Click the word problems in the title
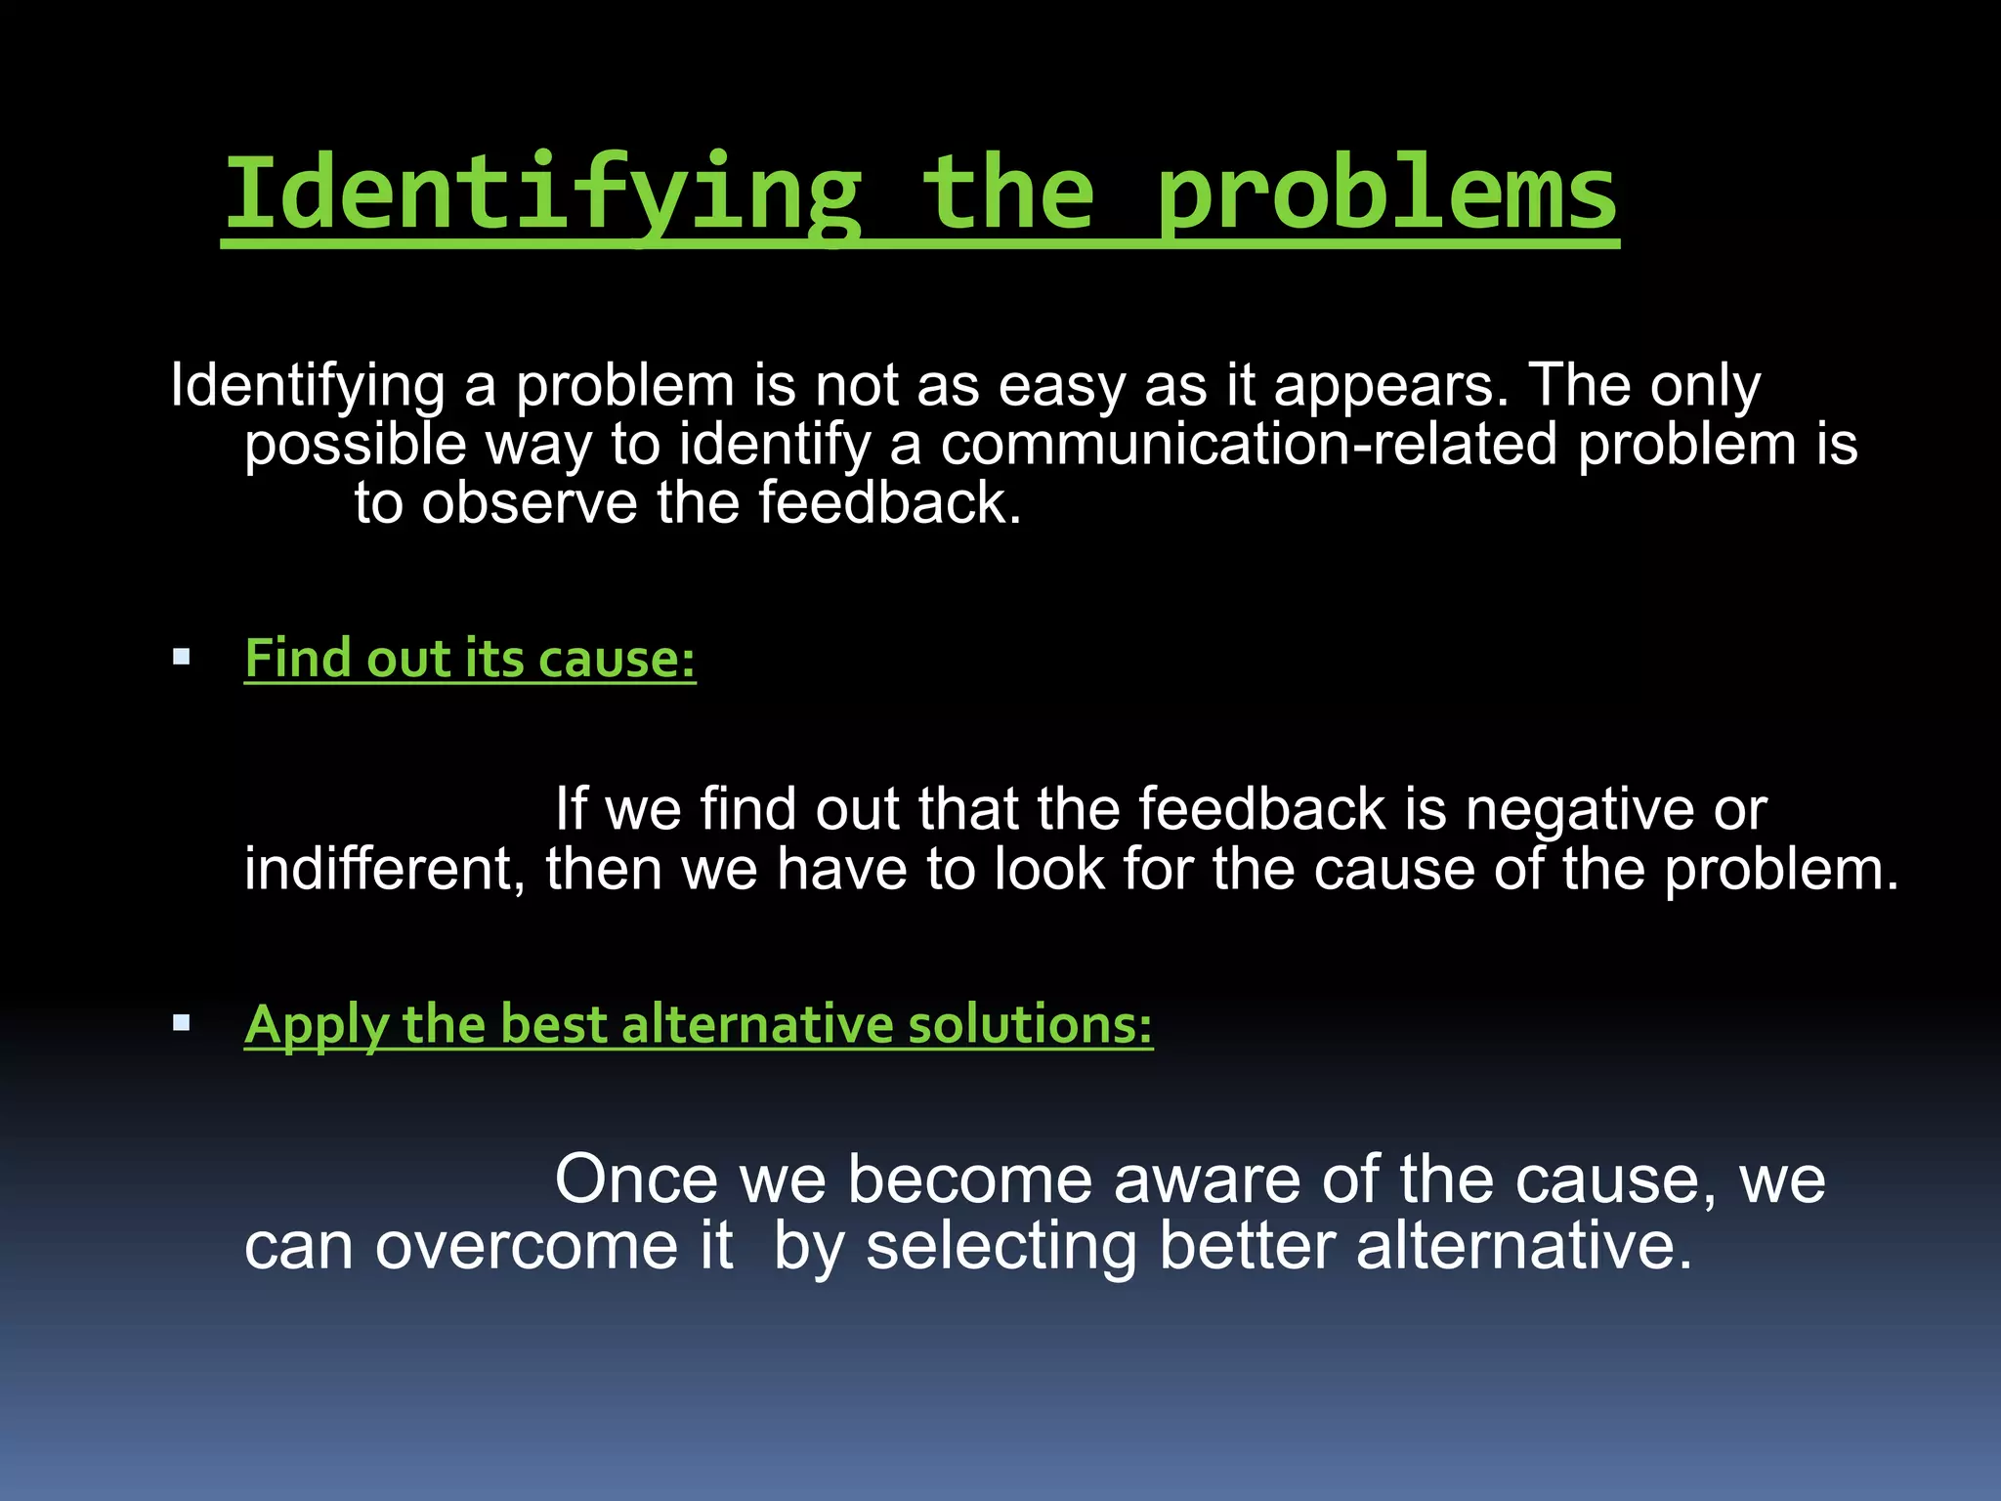pos(1387,195)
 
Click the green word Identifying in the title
pos(542,195)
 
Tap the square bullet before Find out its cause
pos(181,657)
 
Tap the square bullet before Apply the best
pos(181,1023)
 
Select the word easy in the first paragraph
pos(1061,386)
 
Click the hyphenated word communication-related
pos(1248,445)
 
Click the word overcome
pos(527,1246)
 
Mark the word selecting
pos(1000,1248)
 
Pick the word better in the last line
pos(1247,1246)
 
